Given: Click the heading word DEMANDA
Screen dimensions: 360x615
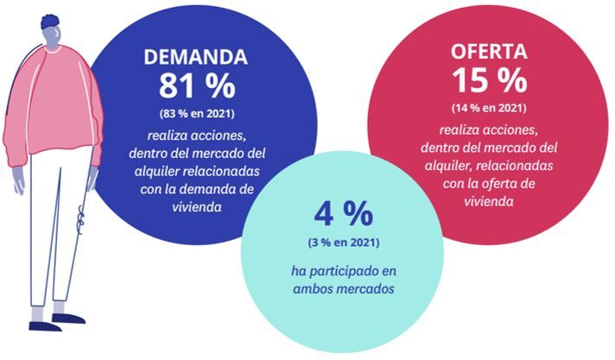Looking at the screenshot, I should pos(195,58).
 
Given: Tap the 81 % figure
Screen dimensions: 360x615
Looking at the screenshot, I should pos(195,86).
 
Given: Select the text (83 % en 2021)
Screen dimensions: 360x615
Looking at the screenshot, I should pos(196,113).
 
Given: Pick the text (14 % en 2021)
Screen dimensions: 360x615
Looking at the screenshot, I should pos(489,108).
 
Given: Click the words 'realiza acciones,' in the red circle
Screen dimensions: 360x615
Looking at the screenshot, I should pos(488,130).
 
